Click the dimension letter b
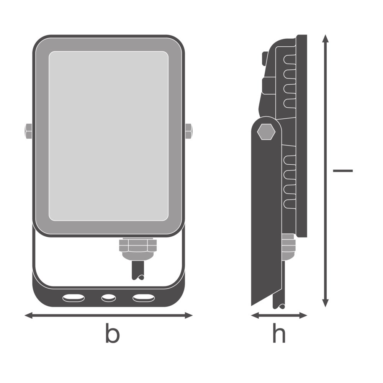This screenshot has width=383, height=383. click(x=112, y=333)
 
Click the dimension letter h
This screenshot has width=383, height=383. click(x=279, y=333)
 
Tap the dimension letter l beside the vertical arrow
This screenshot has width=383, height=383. click(x=343, y=171)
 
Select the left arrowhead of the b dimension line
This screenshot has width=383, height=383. click(x=29, y=315)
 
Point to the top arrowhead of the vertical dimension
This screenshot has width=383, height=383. click(x=325, y=39)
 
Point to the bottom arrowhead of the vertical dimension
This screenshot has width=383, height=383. click(x=325, y=303)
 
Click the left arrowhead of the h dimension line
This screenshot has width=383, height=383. click(x=255, y=315)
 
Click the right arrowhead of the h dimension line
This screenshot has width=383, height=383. click(x=303, y=315)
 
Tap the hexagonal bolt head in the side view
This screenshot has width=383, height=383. click(x=266, y=132)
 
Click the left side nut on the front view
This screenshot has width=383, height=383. click(x=28, y=131)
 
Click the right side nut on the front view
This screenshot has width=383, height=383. click(x=188, y=131)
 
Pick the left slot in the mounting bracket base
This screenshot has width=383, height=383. click(x=74, y=298)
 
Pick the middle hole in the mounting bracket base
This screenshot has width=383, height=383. click(x=108, y=298)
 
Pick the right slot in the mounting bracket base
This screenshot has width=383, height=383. click(x=144, y=298)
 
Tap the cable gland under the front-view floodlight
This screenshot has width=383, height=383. click(x=138, y=249)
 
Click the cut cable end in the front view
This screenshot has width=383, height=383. click(x=138, y=271)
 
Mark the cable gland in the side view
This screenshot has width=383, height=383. click(x=288, y=247)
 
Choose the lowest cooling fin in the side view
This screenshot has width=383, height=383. click(x=290, y=204)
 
